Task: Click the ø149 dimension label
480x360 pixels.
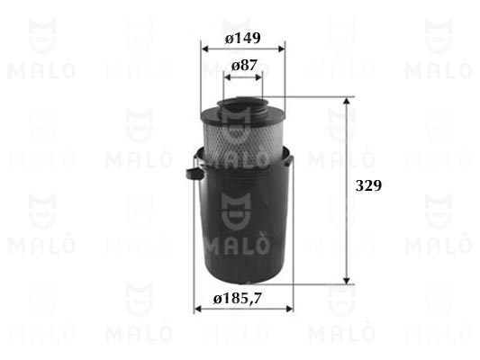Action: [x=243, y=39]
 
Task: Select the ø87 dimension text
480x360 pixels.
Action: [x=244, y=65]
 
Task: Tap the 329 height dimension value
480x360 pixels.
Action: [x=368, y=185]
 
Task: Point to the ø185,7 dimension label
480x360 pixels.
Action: [x=238, y=298]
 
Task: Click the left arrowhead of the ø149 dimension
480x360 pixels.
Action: [x=205, y=49]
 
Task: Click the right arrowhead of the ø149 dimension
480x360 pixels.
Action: [x=281, y=49]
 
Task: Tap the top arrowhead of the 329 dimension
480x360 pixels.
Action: [x=346, y=101]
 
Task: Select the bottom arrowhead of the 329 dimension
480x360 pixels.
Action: [x=346, y=280]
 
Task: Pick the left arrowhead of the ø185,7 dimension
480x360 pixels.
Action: [x=198, y=309]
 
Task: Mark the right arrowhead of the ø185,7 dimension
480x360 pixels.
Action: [x=289, y=309]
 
